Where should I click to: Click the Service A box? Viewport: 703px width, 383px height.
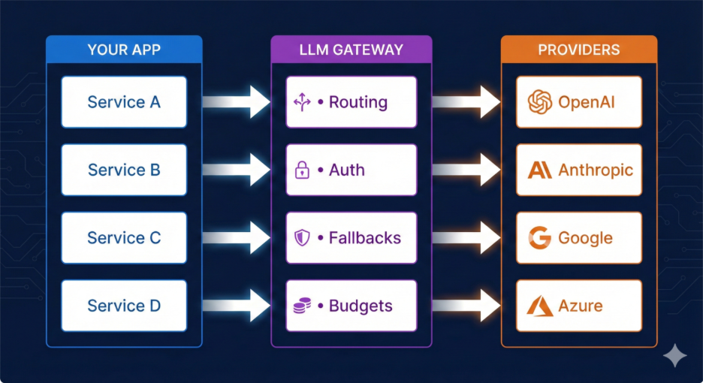point(124,102)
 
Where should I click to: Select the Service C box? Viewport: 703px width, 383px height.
point(124,238)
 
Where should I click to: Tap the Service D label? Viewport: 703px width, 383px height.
point(124,306)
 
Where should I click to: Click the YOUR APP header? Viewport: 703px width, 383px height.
point(124,50)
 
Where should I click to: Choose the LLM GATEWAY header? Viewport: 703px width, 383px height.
point(351,50)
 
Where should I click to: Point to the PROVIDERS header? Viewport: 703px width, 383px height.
point(579,50)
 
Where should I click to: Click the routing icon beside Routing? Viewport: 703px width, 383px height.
point(302,103)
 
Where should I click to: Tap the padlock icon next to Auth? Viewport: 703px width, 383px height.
point(302,170)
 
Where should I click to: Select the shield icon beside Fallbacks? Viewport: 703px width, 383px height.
point(302,238)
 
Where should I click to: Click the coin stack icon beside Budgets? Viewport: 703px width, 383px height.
point(302,306)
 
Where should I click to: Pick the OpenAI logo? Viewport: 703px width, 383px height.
point(540,102)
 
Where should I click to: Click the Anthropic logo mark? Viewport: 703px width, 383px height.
point(539,170)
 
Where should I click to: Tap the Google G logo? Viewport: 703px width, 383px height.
point(540,238)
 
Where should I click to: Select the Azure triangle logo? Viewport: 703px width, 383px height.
point(540,306)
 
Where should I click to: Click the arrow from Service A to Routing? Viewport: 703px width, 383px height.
point(236,102)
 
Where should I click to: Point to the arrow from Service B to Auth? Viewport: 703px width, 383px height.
point(236,170)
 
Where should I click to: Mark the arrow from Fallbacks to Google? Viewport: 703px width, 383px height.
point(466,238)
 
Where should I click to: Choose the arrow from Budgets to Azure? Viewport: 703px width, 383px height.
point(466,306)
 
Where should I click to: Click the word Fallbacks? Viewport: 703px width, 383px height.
point(365,238)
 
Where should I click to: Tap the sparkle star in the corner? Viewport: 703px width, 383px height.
point(674,355)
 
